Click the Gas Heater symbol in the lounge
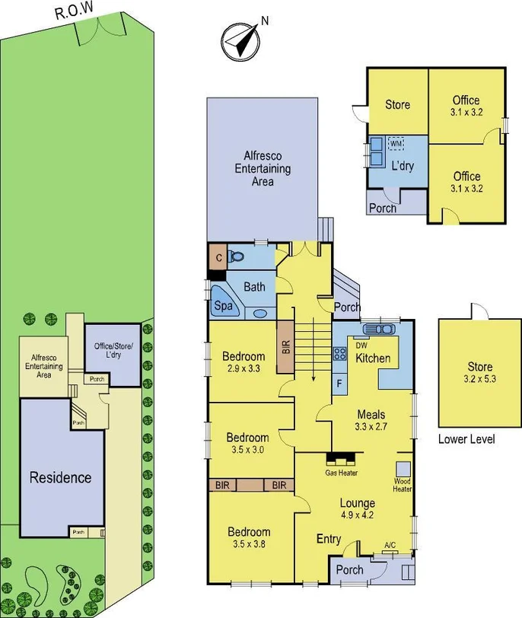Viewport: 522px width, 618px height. click(x=340, y=459)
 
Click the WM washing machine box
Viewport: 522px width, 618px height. click(x=396, y=143)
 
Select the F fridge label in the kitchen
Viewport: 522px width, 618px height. click(x=339, y=381)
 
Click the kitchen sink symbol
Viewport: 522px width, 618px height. click(x=378, y=330)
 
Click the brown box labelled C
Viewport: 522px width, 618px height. click(x=218, y=257)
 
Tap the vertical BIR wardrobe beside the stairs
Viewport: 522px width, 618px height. click(x=285, y=346)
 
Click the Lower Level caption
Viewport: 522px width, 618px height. click(x=466, y=439)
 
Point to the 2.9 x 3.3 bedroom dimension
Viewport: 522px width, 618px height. click(x=243, y=368)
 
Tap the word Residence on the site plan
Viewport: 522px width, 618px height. click(x=60, y=478)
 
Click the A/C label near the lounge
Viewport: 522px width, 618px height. click(x=390, y=545)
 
